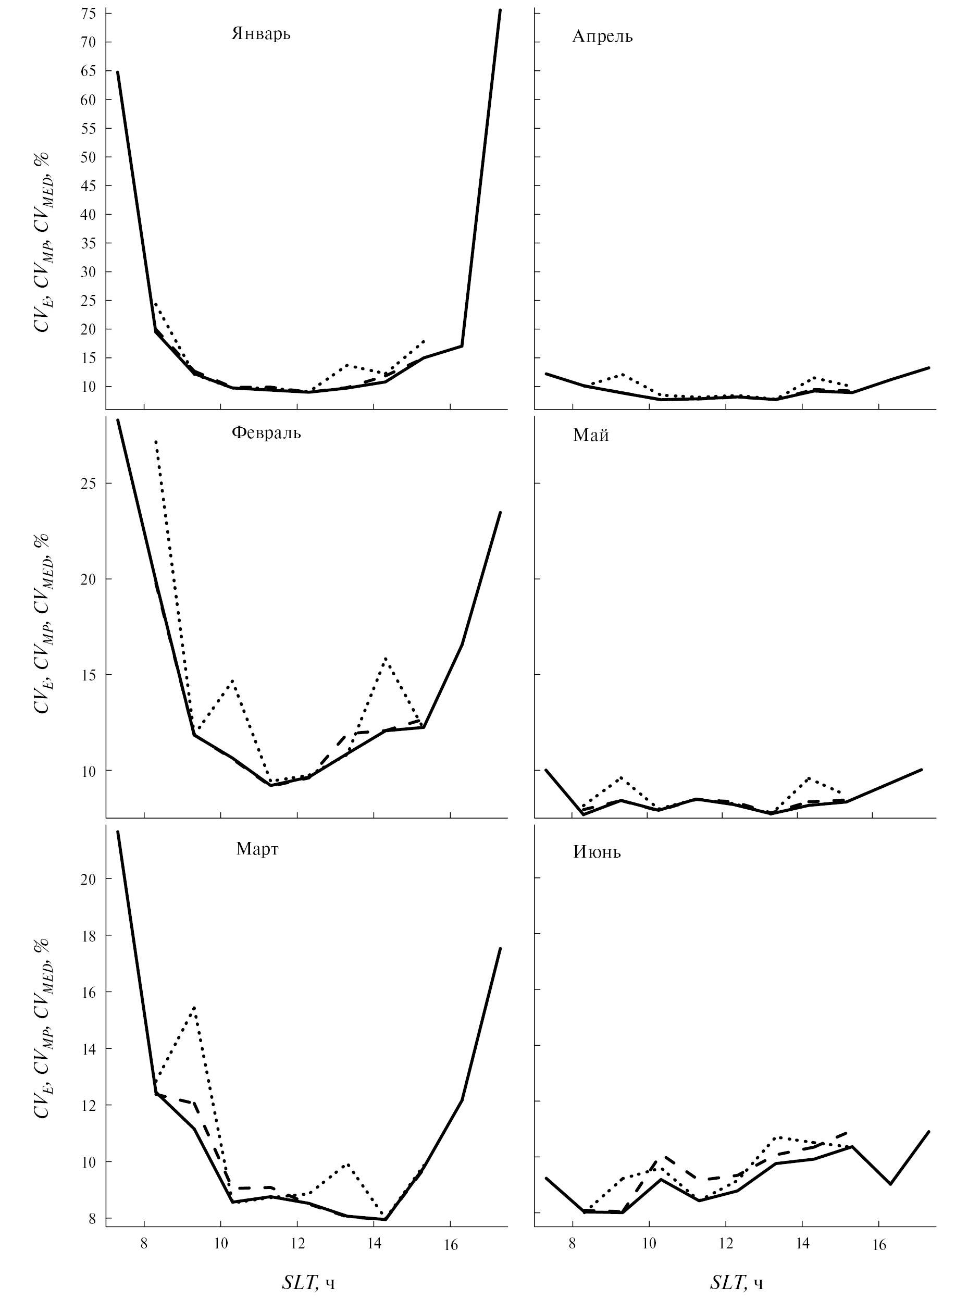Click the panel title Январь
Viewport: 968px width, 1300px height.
tap(260, 33)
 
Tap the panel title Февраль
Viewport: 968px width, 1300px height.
tap(266, 433)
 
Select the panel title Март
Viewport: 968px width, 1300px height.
tap(257, 849)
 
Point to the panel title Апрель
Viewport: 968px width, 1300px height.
tap(602, 36)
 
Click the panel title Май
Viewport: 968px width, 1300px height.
tap(591, 435)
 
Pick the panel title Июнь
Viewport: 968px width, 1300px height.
tap(597, 852)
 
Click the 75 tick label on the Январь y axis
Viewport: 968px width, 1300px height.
tap(89, 14)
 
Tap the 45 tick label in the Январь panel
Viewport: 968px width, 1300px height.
tap(89, 185)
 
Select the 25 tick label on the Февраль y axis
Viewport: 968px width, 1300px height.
tap(89, 484)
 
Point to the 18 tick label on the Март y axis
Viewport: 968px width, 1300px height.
tap(89, 936)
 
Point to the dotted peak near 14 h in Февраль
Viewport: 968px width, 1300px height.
tap(385, 658)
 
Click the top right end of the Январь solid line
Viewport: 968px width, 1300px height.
tap(499, 10)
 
